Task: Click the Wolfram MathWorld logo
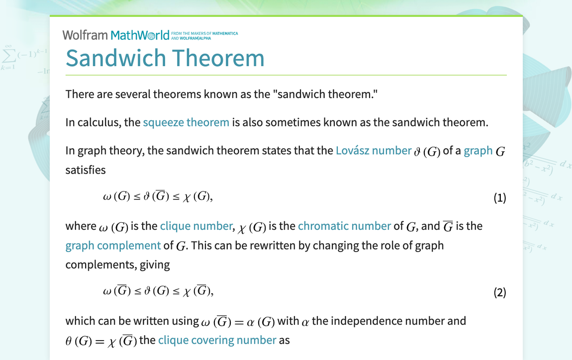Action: click(116, 35)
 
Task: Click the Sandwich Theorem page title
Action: click(165, 58)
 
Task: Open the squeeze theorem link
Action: click(186, 122)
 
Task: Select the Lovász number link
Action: click(374, 151)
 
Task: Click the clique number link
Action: click(196, 226)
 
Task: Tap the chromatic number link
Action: click(344, 226)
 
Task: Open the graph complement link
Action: click(113, 246)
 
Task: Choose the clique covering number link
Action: click(217, 340)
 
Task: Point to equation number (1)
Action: click(499, 198)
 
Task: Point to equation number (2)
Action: click(499, 292)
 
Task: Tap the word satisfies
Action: click(86, 170)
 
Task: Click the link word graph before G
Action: click(478, 151)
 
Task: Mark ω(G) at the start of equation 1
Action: click(116, 197)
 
